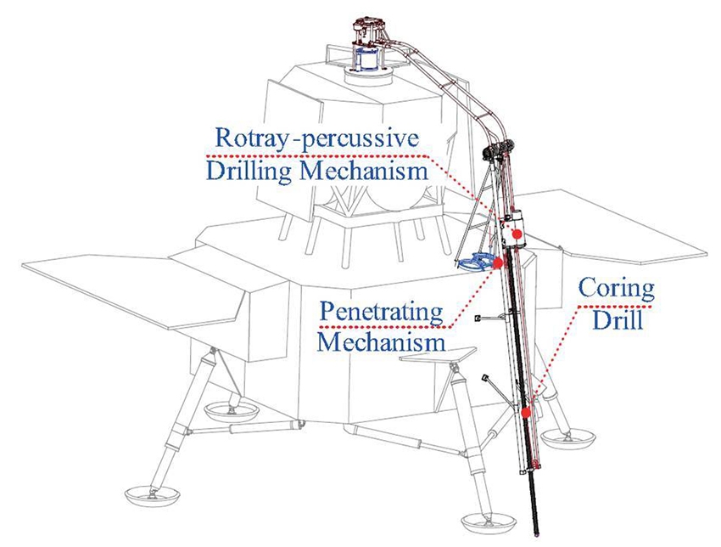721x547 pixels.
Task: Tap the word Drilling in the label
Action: tap(249, 173)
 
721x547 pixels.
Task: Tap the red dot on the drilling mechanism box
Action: tap(517, 233)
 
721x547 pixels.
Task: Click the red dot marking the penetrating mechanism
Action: tap(498, 265)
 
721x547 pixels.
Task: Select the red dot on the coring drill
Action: tap(526, 413)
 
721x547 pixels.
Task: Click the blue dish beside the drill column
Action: tap(475, 262)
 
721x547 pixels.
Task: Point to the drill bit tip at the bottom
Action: tap(538, 535)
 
